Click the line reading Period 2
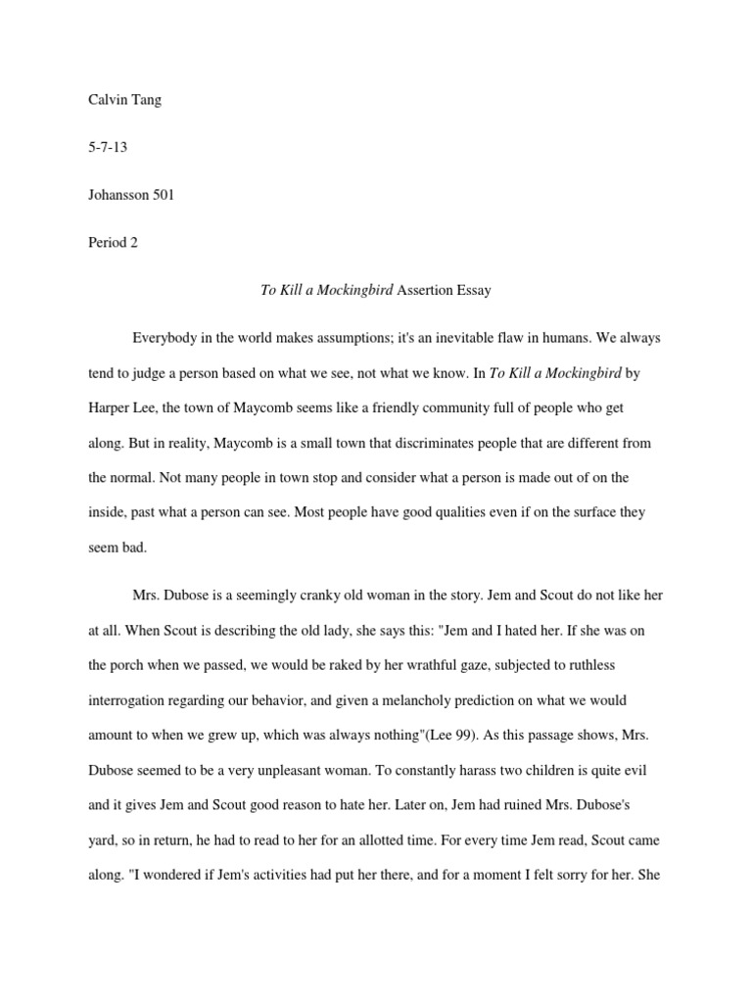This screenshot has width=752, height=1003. click(113, 243)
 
